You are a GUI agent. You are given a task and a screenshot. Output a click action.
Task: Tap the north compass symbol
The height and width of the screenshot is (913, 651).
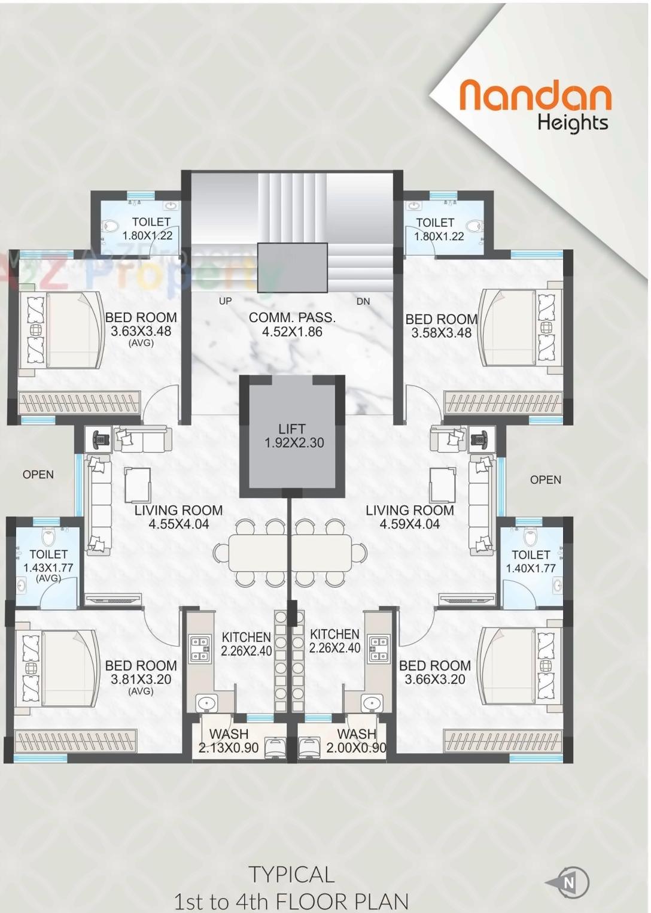tap(568, 882)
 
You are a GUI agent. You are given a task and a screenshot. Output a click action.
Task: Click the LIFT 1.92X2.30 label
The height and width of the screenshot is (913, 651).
tap(293, 436)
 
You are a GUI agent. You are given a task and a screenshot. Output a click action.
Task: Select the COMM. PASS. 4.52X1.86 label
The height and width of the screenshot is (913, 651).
tap(292, 324)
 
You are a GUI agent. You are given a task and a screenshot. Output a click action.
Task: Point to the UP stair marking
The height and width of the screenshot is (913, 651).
tap(225, 301)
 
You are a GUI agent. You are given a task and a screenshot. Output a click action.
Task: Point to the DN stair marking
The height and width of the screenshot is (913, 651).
tap(363, 301)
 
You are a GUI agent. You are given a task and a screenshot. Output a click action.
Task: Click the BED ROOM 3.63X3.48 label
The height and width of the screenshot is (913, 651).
tap(141, 325)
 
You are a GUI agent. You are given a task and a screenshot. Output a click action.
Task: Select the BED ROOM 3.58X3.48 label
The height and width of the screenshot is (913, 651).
tap(442, 326)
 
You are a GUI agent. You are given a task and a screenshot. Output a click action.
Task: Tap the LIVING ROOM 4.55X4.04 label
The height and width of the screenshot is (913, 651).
tap(178, 517)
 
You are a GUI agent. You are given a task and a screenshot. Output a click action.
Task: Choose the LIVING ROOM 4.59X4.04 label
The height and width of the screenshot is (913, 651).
tap(410, 517)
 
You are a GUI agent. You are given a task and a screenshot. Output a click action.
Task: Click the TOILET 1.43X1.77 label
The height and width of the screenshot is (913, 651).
tap(48, 562)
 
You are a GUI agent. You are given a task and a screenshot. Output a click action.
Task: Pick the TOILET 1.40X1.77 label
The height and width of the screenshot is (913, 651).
tap(531, 562)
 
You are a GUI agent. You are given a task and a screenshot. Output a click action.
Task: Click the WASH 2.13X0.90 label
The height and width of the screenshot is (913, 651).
tap(229, 741)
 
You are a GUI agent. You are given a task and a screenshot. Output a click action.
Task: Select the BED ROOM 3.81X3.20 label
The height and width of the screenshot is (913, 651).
tap(141, 673)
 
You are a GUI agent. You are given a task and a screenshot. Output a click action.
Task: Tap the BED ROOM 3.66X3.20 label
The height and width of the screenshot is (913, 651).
tap(435, 672)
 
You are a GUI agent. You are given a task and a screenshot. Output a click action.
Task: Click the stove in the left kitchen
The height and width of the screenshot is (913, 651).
tap(200, 648)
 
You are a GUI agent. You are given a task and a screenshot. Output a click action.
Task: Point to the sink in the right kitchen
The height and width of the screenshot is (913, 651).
tap(372, 703)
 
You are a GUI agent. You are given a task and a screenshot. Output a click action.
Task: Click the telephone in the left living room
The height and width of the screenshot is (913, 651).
tap(101, 439)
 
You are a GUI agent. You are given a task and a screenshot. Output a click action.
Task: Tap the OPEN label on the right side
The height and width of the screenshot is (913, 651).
tap(545, 480)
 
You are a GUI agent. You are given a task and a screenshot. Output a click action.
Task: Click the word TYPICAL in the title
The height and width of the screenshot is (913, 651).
tap(291, 875)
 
